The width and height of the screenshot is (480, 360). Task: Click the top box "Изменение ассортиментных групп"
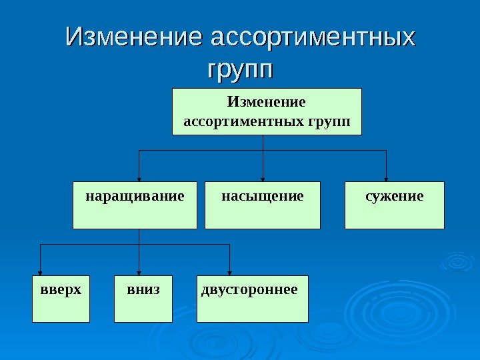click(267, 111)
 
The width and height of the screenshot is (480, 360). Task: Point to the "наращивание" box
click(135, 205)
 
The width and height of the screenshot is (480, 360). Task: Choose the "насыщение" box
click(263, 205)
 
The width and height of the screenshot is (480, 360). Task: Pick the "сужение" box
click(395, 205)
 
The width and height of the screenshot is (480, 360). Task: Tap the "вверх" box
click(61, 299)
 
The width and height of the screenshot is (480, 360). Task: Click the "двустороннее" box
click(253, 299)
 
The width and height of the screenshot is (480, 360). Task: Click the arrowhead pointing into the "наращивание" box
click(139, 178)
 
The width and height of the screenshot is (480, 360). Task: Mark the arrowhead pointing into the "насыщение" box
click(264, 178)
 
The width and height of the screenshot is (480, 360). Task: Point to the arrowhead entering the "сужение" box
click(387, 178)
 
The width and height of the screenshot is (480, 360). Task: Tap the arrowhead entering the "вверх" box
click(41, 272)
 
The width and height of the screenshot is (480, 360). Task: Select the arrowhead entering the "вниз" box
click(139, 272)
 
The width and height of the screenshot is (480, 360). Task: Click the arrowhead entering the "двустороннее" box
click(230, 272)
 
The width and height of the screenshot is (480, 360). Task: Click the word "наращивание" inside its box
click(135, 197)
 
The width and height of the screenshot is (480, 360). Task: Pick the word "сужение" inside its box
click(395, 197)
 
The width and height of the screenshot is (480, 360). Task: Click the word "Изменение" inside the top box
click(267, 103)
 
